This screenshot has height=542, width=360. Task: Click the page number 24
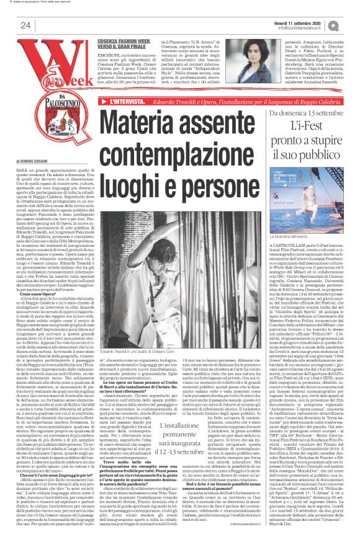[x=25, y=25]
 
